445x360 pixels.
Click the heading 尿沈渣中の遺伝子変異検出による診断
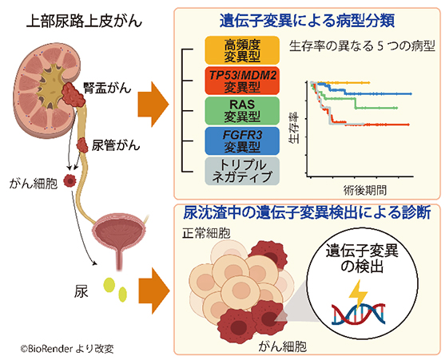click(x=308, y=213)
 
